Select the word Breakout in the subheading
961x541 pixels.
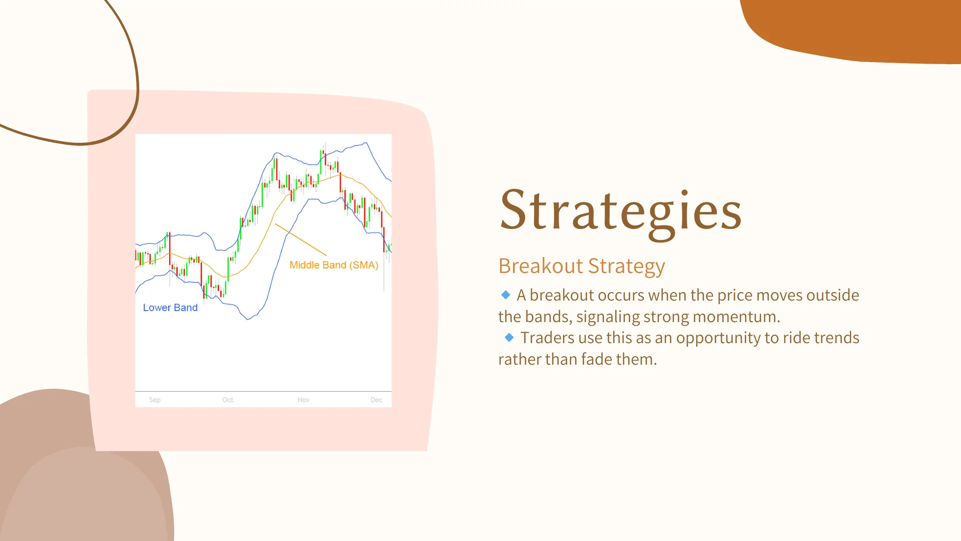(541, 266)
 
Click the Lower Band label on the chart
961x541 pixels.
(170, 308)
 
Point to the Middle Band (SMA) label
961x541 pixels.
(334, 265)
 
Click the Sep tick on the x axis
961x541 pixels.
(155, 400)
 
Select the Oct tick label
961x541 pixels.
(228, 400)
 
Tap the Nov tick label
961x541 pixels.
(303, 400)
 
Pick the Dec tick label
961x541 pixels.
(376, 400)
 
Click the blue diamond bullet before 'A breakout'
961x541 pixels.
(506, 295)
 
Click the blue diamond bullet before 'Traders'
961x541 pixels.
(509, 337)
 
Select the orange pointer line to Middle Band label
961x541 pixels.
(301, 239)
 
